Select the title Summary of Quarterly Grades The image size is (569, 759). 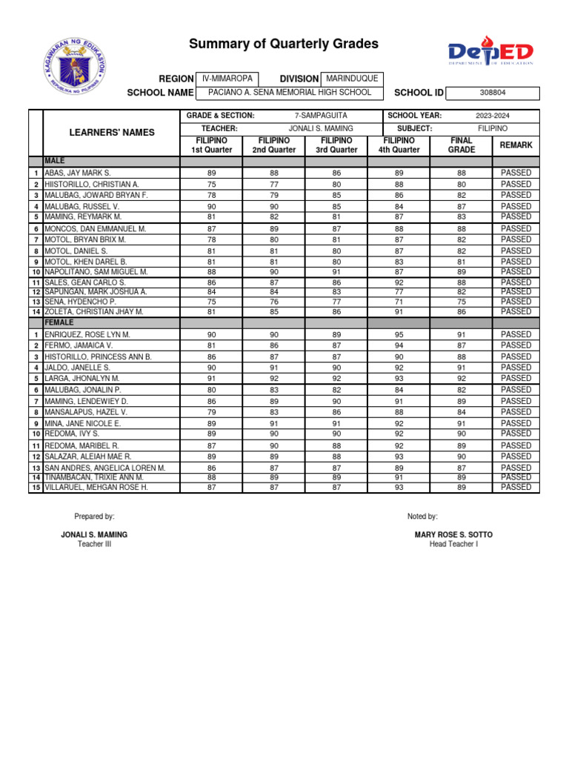coord(284,44)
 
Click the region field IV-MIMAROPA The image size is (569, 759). coord(227,79)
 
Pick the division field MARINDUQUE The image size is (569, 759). coord(352,79)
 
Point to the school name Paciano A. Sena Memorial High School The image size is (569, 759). coord(289,93)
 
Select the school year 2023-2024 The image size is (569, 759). coord(492,116)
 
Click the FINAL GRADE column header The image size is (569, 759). coord(462,145)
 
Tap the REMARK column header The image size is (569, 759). coord(516,145)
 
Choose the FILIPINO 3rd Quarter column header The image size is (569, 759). coord(336,145)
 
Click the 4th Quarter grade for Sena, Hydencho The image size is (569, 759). coord(399,302)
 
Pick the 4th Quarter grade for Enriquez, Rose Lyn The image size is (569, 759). coord(399,335)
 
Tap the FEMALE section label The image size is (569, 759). coord(58,323)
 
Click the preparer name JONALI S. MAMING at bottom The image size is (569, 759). coord(94,534)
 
